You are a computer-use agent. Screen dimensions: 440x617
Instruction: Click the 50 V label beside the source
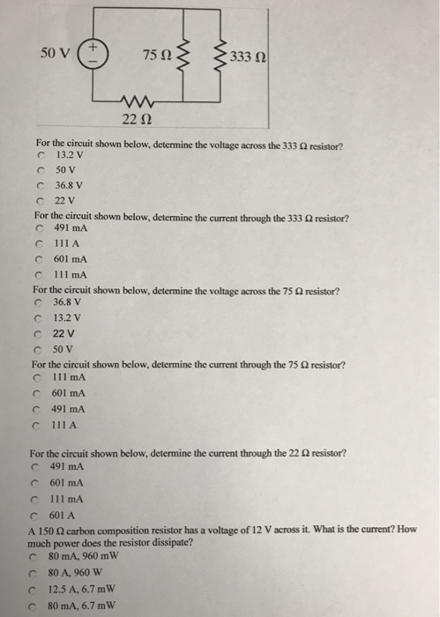[55, 52]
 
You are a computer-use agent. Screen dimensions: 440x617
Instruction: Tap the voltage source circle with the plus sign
[97, 52]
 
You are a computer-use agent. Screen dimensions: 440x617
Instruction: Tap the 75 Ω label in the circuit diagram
[155, 56]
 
